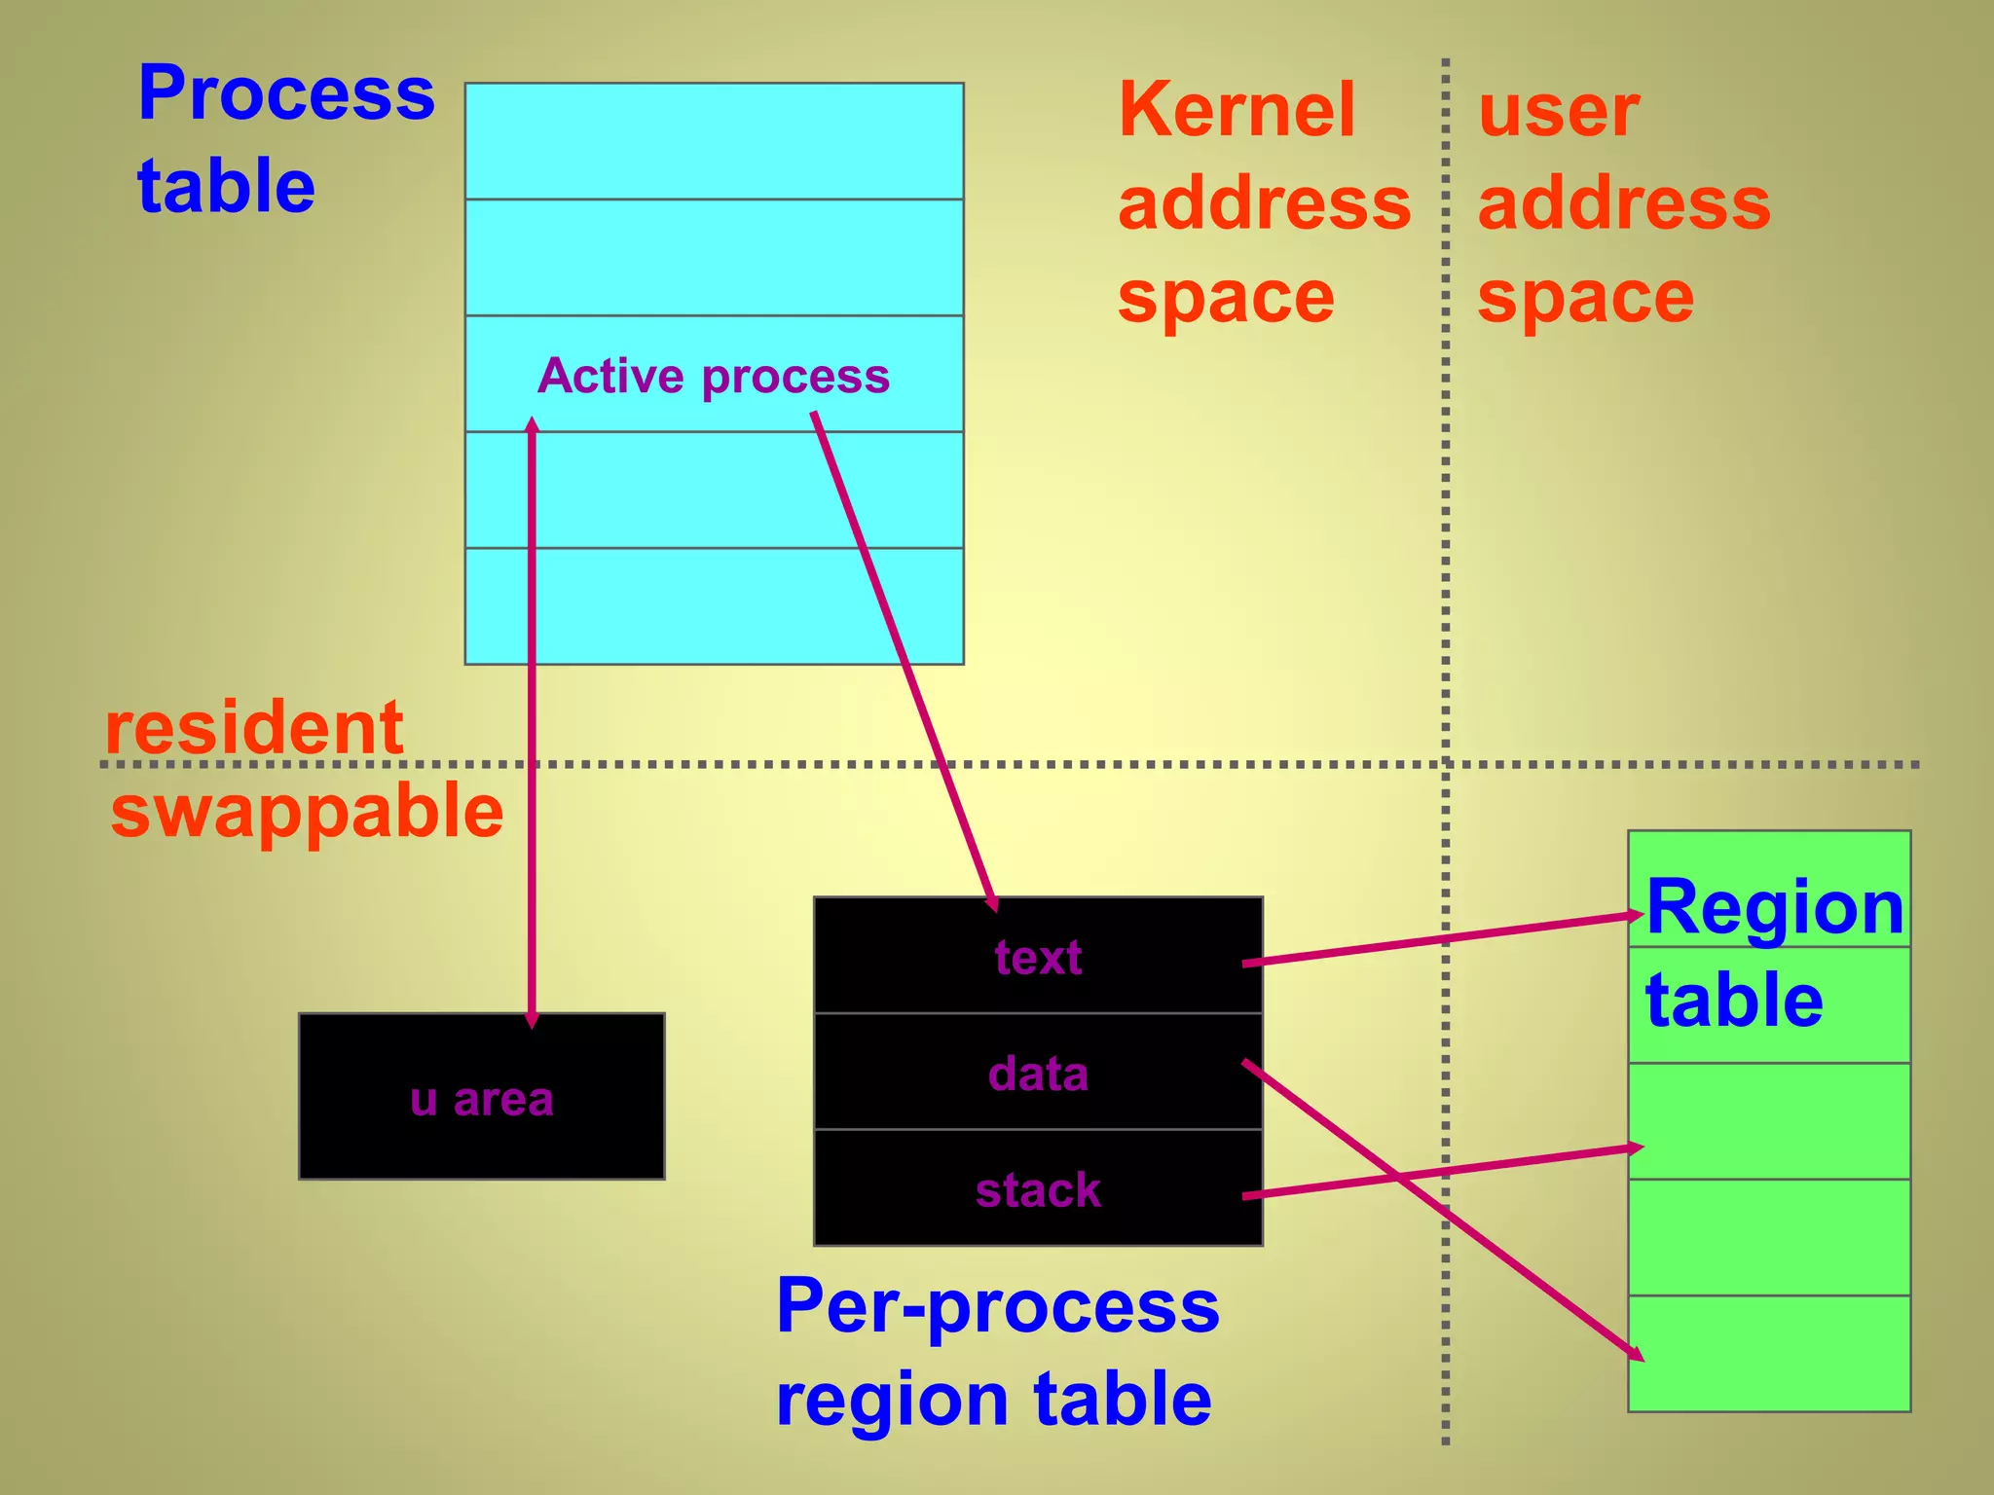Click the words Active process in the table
(x=713, y=376)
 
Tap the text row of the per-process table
(x=1038, y=958)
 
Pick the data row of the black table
(x=1038, y=1074)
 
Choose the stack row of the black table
(x=1038, y=1189)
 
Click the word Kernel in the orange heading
(x=1237, y=109)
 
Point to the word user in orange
(x=1558, y=111)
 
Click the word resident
(x=253, y=727)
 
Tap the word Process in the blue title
(x=286, y=93)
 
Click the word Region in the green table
(x=1774, y=907)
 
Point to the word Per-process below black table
(x=997, y=1306)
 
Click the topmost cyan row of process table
(x=714, y=141)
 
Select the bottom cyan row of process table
(x=714, y=605)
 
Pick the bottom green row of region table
(x=1769, y=1352)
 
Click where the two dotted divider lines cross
(x=1446, y=764)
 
